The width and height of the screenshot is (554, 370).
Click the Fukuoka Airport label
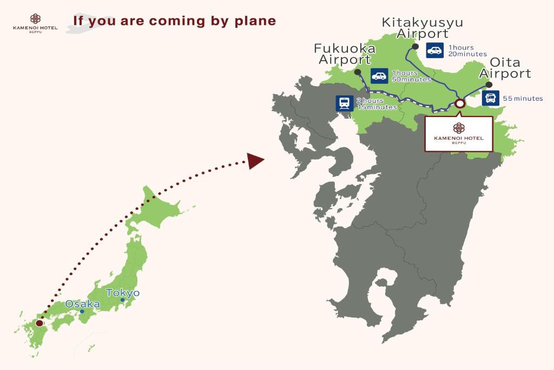coord(345,54)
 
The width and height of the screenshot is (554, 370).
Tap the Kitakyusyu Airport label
coord(423,28)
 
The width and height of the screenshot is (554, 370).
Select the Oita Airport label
coord(505,68)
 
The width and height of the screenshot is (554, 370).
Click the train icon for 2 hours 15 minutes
coord(345,103)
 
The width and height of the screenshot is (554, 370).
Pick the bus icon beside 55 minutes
coord(491,98)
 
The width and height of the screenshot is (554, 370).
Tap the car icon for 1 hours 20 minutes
coord(434,50)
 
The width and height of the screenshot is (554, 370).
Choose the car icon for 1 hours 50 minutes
coord(379,76)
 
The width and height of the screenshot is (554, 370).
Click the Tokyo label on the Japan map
coord(123,293)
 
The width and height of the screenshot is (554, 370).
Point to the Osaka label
coord(83,304)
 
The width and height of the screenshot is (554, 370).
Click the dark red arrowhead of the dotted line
coord(255,160)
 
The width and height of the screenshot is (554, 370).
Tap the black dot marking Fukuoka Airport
coord(357,72)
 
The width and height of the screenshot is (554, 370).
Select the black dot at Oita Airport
coord(489,85)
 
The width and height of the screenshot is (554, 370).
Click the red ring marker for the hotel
coord(460,103)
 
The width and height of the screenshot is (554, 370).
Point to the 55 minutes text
coord(523,99)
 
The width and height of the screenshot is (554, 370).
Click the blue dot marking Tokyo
coord(123,300)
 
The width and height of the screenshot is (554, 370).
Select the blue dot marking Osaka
coord(82,311)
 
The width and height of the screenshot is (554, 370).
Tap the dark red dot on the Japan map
coord(39,323)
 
